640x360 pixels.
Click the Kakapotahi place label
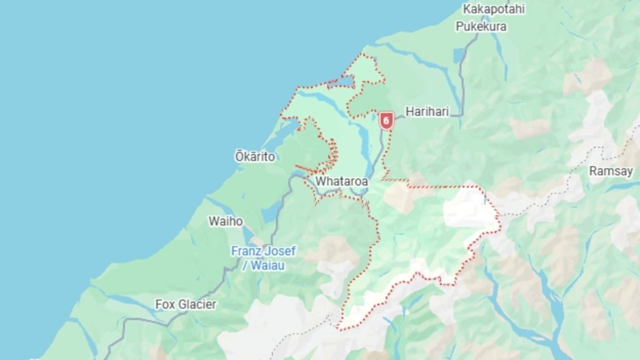pyautogui.click(x=494, y=9)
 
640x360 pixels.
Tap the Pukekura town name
pyautogui.click(x=481, y=26)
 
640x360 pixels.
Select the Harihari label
pyautogui.click(x=427, y=111)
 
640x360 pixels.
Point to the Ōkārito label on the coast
pyautogui.click(x=255, y=157)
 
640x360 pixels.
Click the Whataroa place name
pyautogui.click(x=341, y=181)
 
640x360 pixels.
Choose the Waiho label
pyautogui.click(x=226, y=221)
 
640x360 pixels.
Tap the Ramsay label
pyautogui.click(x=611, y=171)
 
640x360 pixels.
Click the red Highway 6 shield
pyautogui.click(x=386, y=121)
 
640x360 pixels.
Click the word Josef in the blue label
pyautogui.click(x=280, y=251)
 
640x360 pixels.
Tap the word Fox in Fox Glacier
pyautogui.click(x=165, y=305)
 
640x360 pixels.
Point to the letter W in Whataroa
pyautogui.click(x=320, y=181)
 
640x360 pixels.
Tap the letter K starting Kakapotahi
pyautogui.click(x=467, y=9)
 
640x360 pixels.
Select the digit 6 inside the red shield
pyautogui.click(x=386, y=120)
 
